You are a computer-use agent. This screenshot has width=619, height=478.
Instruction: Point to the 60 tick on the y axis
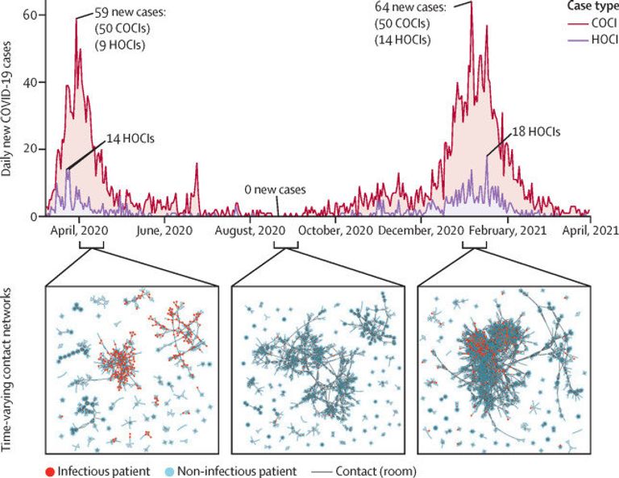(31, 15)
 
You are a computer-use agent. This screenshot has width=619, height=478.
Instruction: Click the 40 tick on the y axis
(31, 82)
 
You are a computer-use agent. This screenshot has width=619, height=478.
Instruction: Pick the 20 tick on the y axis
(31, 149)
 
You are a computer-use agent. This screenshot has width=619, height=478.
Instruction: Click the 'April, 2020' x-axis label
(78, 231)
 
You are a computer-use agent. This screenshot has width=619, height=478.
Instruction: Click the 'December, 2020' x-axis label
(422, 231)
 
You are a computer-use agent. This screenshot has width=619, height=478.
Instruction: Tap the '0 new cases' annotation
(276, 189)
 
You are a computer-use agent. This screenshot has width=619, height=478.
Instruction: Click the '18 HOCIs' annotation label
(533, 131)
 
